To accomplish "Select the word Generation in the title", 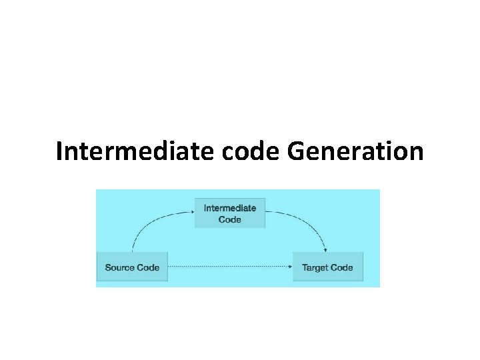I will (355, 151).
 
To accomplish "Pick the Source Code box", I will (132, 267).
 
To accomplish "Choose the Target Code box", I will (327, 267).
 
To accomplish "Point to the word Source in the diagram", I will (119, 267).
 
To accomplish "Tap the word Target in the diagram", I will (315, 267).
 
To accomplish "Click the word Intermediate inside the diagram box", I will (229, 208).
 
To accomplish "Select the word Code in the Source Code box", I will (147, 267).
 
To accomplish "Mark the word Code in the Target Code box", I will (341, 267).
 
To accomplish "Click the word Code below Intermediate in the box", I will (229, 219).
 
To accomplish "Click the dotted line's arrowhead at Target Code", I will (291, 267).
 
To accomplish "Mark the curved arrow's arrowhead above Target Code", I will (325, 250).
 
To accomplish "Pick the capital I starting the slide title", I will (60, 151).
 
